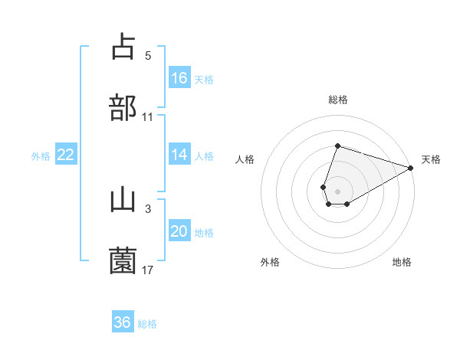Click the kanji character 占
pos(123,47)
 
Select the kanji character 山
pos(123,200)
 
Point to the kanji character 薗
pos(123,261)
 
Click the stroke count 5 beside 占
pos(148,56)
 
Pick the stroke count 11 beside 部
pos(148,116)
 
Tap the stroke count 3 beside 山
pos(148,209)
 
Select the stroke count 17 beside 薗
pos(148,270)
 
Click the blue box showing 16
pos(179,78)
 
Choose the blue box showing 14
pos(179,155)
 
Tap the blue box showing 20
pos(179,231)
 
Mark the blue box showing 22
pos(66,155)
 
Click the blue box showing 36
pos(123,322)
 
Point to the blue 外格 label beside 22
pos(41,155)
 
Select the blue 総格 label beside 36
pos(147,324)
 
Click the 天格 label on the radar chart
pos(431,159)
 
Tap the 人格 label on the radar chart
pos(245,159)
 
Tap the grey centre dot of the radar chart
pos(337,190)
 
